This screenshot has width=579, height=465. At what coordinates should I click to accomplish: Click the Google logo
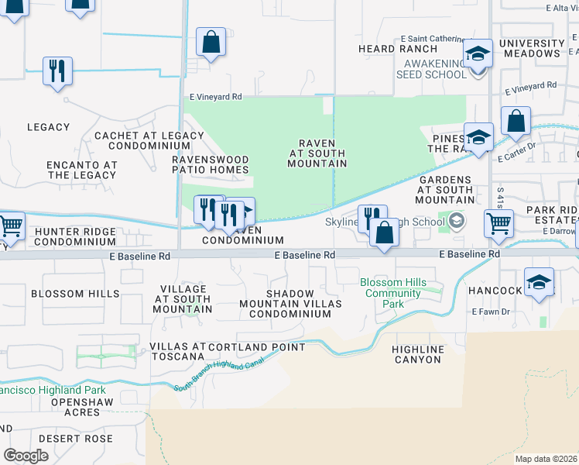(26, 456)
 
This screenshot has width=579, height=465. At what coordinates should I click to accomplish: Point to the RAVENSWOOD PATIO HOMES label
(211, 164)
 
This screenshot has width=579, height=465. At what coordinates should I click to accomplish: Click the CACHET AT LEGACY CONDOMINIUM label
(149, 140)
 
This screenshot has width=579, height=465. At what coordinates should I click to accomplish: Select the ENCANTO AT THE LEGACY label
(81, 170)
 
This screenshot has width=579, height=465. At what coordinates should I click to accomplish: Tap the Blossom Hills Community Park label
(392, 294)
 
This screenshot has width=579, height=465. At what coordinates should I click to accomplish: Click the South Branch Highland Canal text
(220, 374)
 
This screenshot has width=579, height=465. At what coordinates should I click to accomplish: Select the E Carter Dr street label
(517, 154)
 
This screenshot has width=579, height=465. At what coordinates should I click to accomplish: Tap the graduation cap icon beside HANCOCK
(539, 283)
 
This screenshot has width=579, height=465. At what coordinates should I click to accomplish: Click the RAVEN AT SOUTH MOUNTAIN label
(317, 153)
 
